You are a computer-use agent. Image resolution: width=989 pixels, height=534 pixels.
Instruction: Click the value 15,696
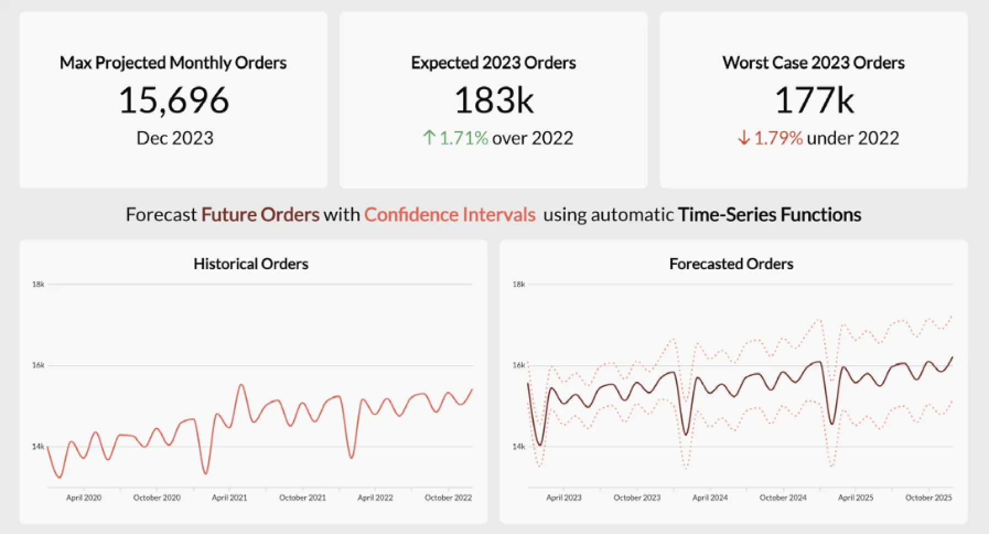(x=174, y=100)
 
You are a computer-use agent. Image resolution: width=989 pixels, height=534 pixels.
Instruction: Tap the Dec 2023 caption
(x=175, y=138)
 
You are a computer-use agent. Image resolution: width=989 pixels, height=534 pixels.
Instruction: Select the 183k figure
(x=494, y=100)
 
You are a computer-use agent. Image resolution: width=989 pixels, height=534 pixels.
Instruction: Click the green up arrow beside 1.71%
(x=429, y=137)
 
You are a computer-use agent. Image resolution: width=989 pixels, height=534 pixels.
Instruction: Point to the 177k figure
(x=814, y=100)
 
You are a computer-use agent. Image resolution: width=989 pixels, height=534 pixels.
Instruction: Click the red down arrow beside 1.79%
(x=744, y=137)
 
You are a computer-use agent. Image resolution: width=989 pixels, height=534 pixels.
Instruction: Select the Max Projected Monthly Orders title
(x=173, y=63)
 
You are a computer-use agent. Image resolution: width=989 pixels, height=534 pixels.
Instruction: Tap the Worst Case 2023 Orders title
(x=814, y=63)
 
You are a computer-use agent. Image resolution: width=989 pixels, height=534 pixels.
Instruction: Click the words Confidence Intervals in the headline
(x=450, y=215)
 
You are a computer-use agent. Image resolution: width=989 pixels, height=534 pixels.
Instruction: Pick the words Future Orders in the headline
(x=260, y=215)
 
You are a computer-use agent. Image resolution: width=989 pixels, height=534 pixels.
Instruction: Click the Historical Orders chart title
(x=251, y=264)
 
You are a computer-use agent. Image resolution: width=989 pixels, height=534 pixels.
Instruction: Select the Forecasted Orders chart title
(x=731, y=264)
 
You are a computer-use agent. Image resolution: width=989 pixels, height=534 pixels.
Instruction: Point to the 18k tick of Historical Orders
(x=38, y=285)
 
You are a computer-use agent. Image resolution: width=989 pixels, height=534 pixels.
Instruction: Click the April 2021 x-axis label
(x=229, y=498)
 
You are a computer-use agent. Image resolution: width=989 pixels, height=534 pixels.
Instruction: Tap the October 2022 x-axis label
(x=448, y=498)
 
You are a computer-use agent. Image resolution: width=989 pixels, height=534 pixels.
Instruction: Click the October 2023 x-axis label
(x=637, y=498)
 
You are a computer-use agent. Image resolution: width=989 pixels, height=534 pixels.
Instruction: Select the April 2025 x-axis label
(x=856, y=498)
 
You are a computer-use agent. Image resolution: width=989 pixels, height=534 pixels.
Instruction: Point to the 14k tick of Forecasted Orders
(x=519, y=447)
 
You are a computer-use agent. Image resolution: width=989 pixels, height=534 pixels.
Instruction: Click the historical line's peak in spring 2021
(x=241, y=385)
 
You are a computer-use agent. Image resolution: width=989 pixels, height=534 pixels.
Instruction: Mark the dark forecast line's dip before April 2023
(x=540, y=445)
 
